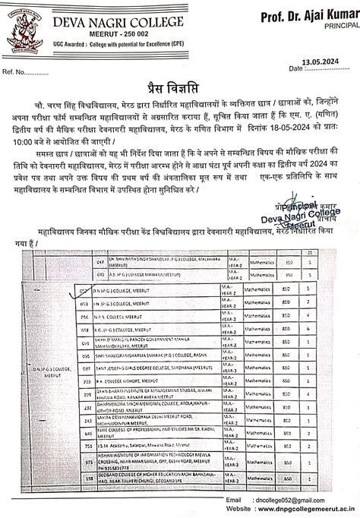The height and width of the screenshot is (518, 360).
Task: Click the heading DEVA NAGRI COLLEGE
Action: (114, 23)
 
